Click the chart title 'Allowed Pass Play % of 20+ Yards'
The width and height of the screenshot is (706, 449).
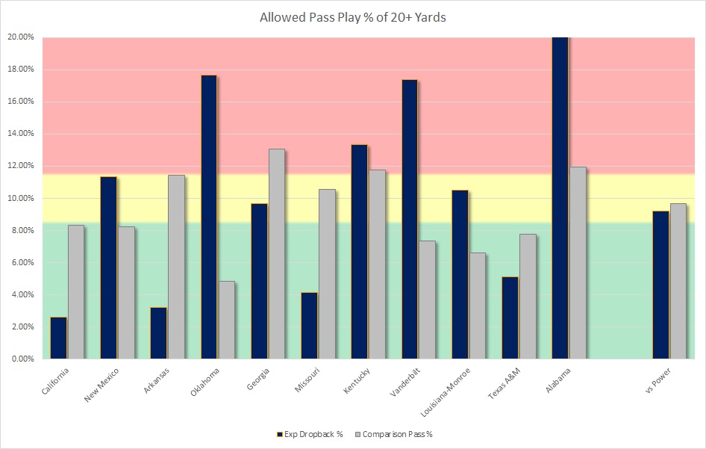pos(352,17)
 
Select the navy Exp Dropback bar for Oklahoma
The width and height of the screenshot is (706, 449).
pos(209,217)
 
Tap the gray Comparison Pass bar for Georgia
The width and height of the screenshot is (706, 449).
pos(276,254)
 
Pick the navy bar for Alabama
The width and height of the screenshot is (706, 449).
pos(560,198)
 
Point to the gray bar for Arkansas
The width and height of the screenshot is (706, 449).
pos(176,267)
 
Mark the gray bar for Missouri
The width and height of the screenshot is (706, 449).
pos(326,274)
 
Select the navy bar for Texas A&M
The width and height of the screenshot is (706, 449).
pos(510,318)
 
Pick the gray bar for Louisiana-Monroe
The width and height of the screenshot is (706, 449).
pos(477,306)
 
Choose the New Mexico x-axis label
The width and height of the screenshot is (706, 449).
pos(100,385)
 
